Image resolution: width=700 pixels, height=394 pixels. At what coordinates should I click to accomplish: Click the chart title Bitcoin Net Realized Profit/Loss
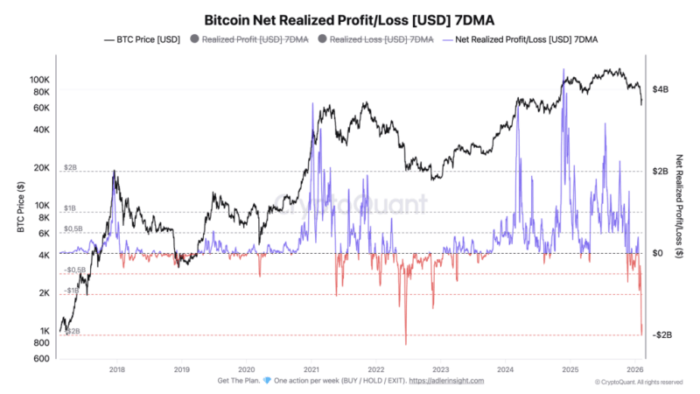(x=349, y=18)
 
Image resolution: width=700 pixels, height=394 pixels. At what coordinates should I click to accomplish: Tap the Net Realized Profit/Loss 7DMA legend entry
(x=528, y=39)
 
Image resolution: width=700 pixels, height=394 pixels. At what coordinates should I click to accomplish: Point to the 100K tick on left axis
(x=41, y=80)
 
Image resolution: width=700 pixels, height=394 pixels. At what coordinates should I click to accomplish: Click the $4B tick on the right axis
(x=661, y=89)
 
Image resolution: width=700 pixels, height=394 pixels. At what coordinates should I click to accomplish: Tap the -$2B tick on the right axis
(x=662, y=335)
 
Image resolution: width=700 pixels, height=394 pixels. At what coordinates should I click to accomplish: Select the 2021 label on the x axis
(x=311, y=370)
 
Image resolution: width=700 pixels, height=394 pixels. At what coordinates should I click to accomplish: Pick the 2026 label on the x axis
(x=637, y=370)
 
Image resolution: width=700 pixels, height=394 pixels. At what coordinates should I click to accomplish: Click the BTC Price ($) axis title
(x=19, y=207)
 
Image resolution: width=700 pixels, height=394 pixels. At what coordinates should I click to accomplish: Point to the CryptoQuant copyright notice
(x=638, y=382)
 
